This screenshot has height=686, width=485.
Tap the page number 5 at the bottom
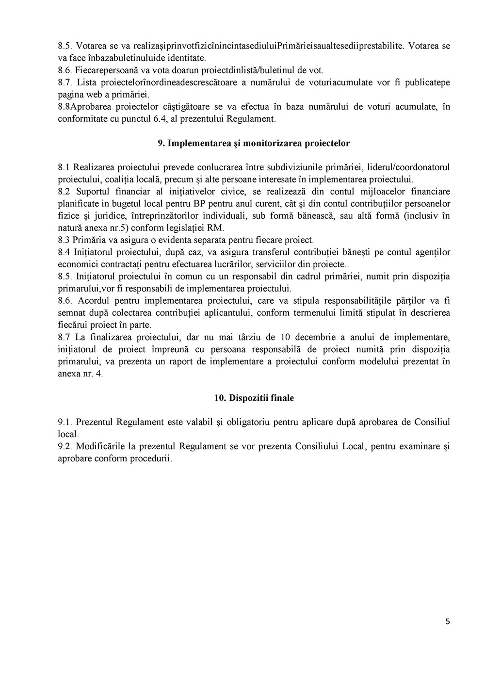[x=447, y=621]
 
